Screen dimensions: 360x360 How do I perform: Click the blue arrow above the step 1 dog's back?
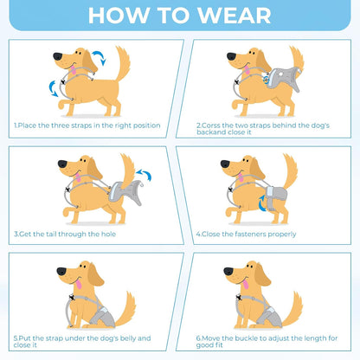98,59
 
